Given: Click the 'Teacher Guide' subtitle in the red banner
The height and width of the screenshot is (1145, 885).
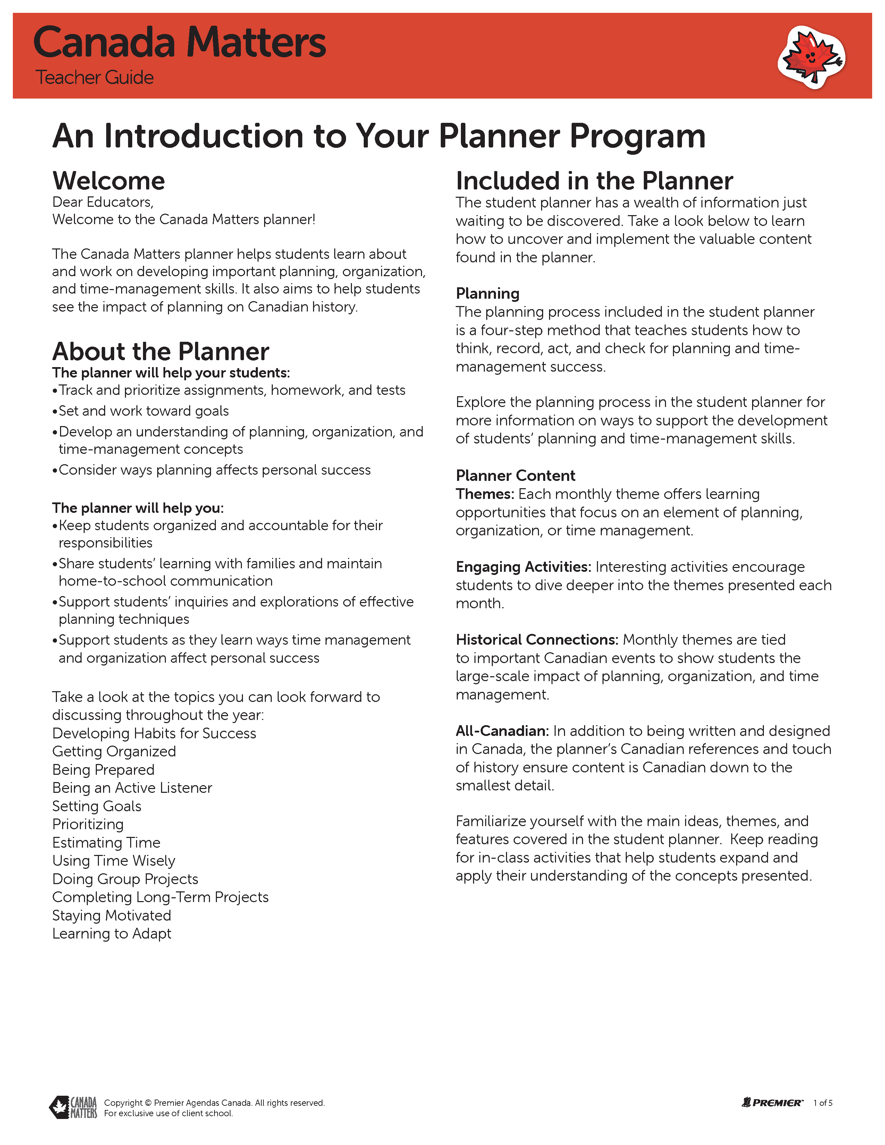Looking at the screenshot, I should (94, 78).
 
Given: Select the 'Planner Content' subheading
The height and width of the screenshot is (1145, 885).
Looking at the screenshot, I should (515, 475).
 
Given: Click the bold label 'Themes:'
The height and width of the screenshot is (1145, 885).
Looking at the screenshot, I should (485, 494).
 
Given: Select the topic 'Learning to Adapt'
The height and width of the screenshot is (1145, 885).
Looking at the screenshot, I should (112, 934).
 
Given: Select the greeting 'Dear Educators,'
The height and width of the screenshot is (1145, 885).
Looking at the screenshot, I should (103, 202).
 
